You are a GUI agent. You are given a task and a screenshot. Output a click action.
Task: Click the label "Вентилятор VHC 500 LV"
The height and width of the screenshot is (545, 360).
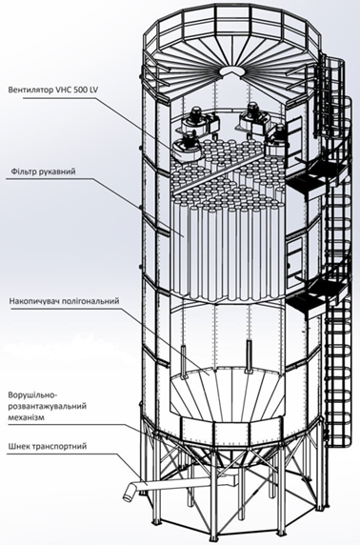click(x=53, y=91)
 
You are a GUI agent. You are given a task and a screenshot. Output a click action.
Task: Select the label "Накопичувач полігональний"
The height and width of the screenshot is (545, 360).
click(x=65, y=300)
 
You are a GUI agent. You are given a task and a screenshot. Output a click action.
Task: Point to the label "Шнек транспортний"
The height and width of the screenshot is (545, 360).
click(x=47, y=446)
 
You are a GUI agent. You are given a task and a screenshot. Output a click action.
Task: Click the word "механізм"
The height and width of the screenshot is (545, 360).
click(x=26, y=417)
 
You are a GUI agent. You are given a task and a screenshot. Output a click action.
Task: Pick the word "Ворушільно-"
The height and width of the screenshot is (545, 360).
click(x=31, y=395)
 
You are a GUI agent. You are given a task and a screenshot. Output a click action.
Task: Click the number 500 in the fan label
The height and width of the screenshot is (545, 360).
click(x=81, y=91)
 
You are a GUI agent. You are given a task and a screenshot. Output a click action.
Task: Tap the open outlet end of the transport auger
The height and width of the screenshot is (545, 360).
click(x=128, y=492)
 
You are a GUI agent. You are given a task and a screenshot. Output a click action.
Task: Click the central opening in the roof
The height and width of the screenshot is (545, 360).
click(x=231, y=70)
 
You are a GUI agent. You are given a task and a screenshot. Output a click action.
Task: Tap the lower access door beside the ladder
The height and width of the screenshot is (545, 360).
click(x=293, y=256)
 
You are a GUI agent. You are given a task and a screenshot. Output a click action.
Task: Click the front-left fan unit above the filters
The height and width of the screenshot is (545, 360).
click(x=188, y=146)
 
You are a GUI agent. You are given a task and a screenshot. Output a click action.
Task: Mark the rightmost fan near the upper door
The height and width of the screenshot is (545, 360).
click(x=276, y=141)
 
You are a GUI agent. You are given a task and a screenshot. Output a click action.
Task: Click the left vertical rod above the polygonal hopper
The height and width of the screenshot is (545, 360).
click(x=183, y=361)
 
